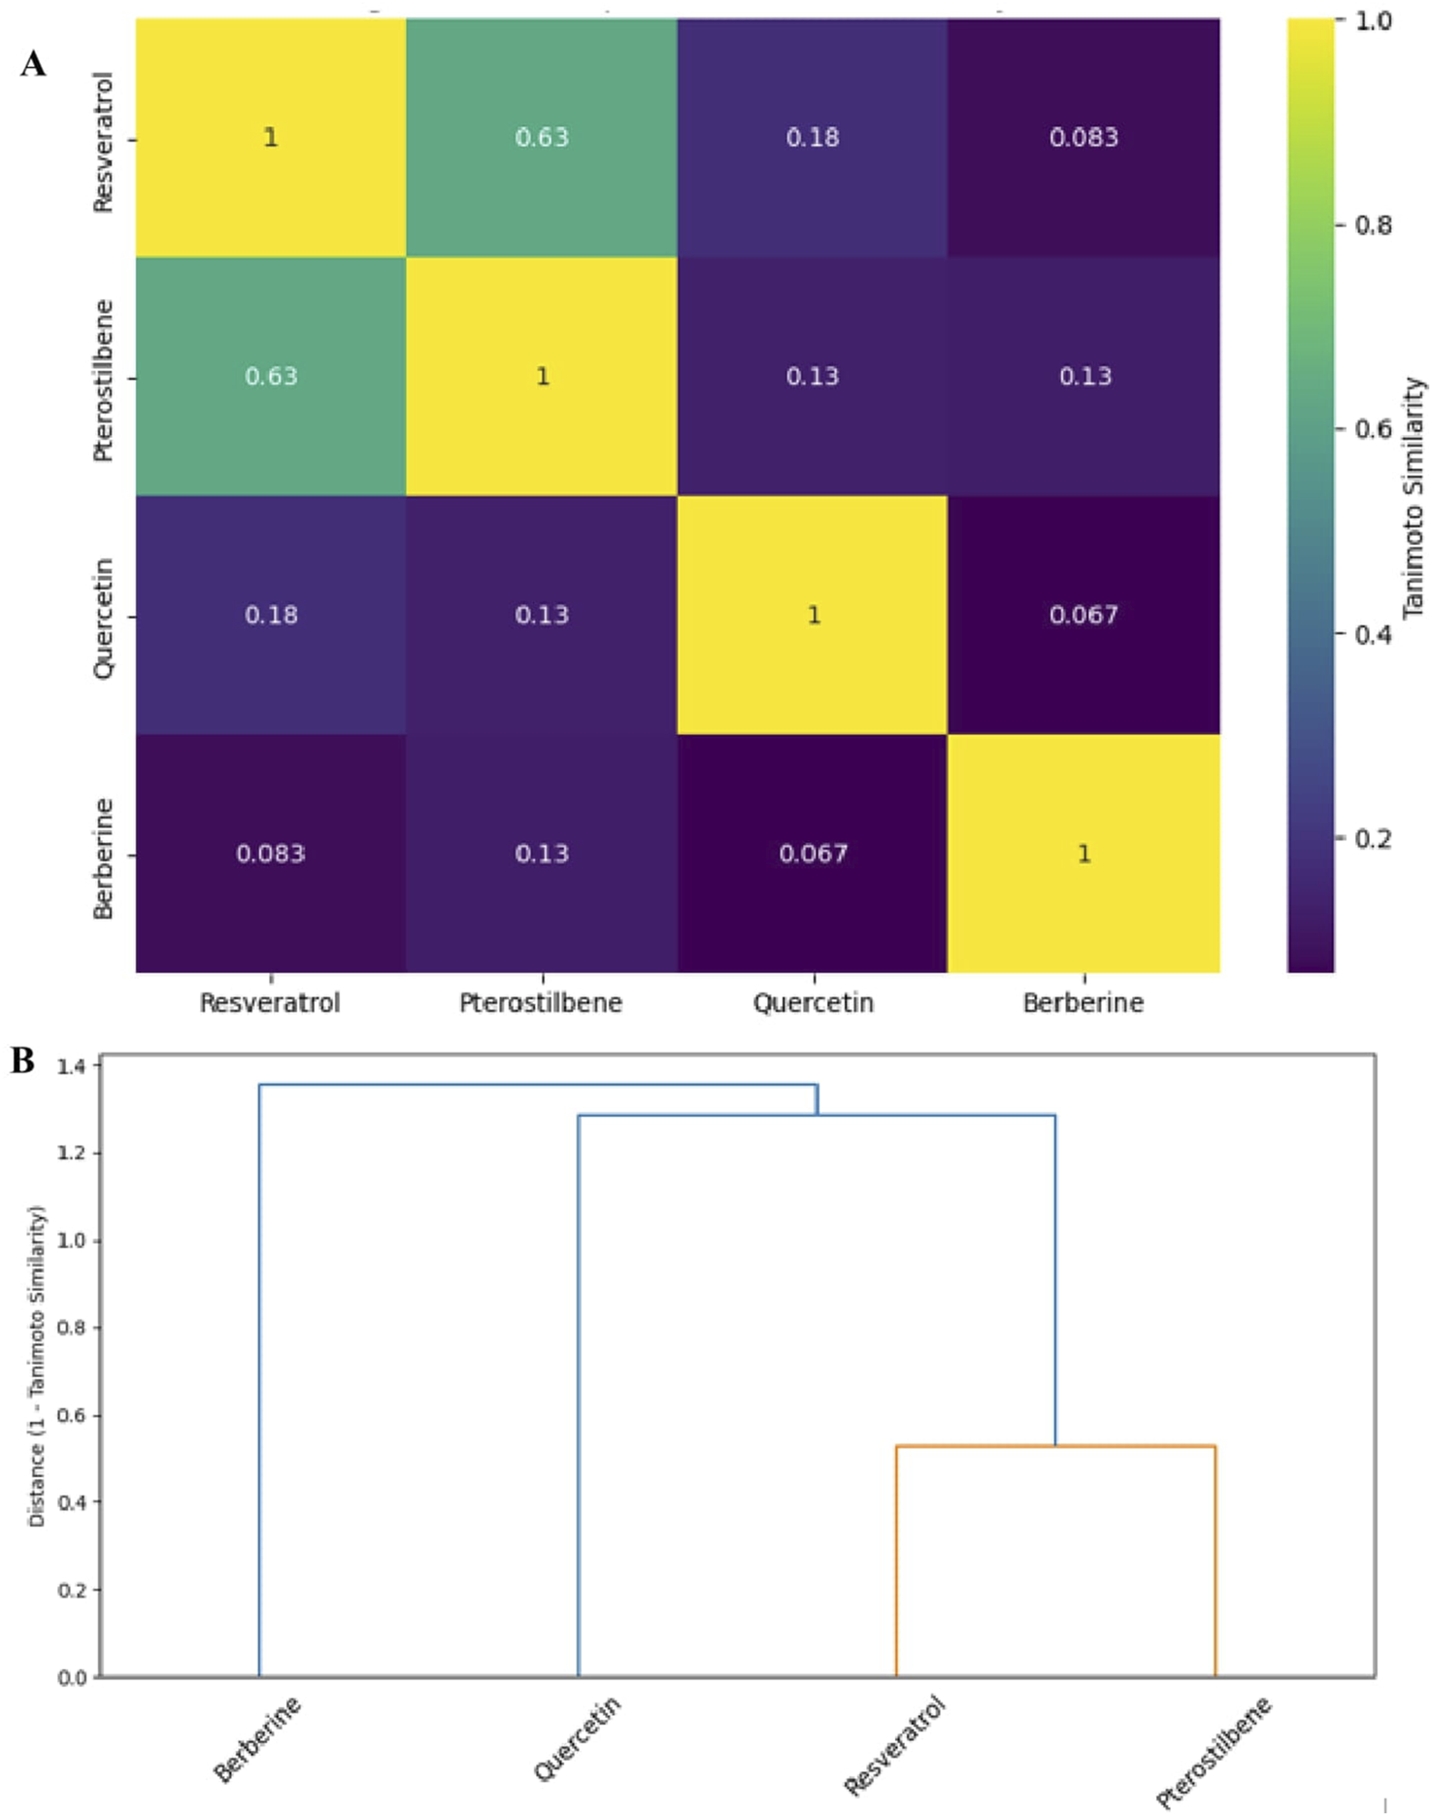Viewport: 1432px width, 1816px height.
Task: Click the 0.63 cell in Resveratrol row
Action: (542, 137)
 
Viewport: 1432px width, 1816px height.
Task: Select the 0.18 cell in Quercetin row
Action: (271, 615)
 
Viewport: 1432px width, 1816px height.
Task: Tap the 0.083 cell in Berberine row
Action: (271, 854)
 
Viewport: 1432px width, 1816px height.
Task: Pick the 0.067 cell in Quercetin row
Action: (1083, 615)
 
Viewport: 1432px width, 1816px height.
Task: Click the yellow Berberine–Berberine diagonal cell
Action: (1083, 854)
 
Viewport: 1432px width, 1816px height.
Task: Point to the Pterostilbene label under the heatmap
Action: (541, 1002)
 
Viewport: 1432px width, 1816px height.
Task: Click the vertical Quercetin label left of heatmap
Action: (103, 618)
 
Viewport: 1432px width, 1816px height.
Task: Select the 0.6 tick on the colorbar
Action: (1373, 429)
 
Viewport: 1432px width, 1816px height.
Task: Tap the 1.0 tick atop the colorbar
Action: (1373, 20)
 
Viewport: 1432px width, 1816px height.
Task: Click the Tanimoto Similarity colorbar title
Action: (1414, 497)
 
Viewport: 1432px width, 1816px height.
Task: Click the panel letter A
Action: (33, 64)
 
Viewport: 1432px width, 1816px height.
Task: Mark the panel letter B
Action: (22, 1060)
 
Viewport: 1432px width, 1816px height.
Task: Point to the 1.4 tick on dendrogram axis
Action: (71, 1066)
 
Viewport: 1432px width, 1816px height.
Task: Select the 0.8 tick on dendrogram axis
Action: (71, 1328)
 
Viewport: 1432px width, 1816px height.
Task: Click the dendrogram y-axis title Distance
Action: (37, 1365)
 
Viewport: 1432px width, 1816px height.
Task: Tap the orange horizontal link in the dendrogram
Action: (1055, 1446)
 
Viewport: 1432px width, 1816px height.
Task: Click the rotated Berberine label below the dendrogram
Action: (257, 1739)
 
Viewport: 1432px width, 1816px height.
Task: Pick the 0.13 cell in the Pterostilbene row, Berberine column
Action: (1083, 376)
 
